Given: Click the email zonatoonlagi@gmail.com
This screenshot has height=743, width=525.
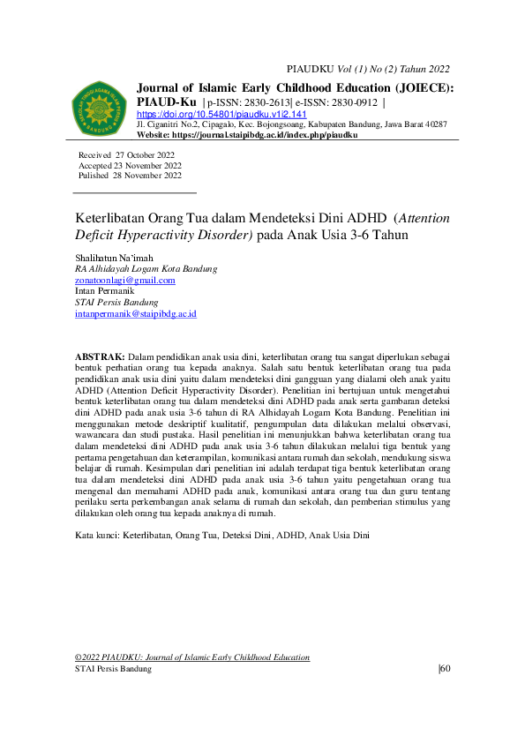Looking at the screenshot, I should [x=125, y=280].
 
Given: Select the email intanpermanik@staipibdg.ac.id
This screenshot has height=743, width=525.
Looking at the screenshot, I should [x=136, y=313].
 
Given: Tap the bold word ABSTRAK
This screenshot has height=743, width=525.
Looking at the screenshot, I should [x=99, y=355].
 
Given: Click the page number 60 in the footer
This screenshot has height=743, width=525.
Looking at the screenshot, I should [x=445, y=669].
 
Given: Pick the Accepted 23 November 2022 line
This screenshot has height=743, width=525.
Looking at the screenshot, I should [x=130, y=165].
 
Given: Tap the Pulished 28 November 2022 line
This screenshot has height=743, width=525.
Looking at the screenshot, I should [x=130, y=176].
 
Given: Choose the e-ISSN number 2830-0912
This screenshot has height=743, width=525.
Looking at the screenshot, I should [x=350, y=102].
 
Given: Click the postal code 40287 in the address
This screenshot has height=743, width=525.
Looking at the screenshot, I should [x=434, y=125].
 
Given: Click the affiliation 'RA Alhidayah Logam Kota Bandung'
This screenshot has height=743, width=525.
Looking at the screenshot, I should [x=146, y=268].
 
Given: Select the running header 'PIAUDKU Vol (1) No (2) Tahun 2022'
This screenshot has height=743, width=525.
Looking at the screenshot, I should [x=369, y=69].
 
